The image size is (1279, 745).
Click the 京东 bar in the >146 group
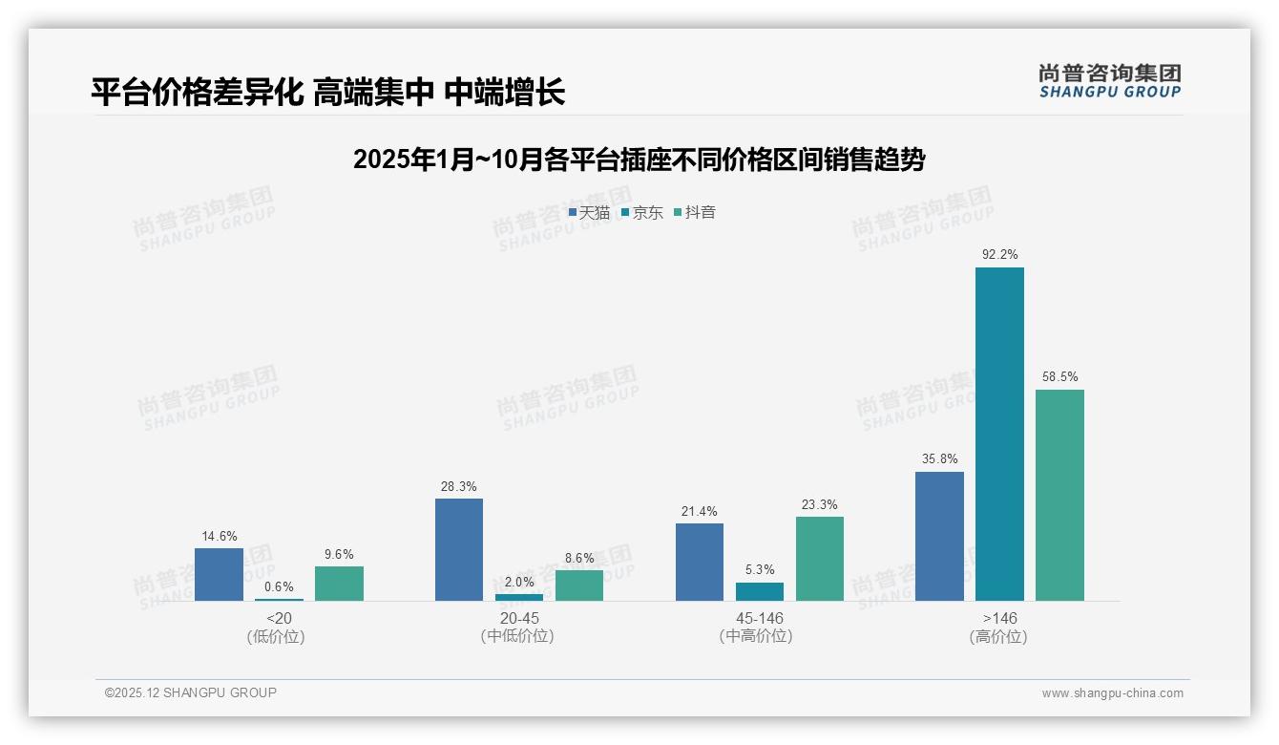tap(999, 435)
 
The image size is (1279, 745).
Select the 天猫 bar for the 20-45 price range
tap(459, 550)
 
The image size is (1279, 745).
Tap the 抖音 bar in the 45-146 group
tap(820, 559)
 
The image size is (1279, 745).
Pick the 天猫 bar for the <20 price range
tap(219, 575)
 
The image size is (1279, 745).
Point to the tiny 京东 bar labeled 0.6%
tap(279, 600)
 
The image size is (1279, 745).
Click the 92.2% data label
tap(999, 255)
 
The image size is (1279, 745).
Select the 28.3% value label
tap(459, 486)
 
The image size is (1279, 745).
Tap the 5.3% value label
tap(759, 570)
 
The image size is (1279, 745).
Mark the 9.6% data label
tap(339, 554)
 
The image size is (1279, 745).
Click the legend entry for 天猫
tap(589, 212)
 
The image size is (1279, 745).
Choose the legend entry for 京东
tap(642, 212)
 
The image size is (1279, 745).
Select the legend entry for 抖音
tap(695, 212)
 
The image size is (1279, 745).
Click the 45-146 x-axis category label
tap(759, 618)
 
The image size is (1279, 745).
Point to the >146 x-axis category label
tap(998, 618)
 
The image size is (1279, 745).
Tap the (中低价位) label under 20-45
tap(517, 636)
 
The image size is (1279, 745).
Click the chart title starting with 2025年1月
tap(639, 160)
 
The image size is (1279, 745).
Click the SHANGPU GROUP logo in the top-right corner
tap(1109, 81)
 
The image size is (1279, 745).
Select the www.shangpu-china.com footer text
tap(1112, 693)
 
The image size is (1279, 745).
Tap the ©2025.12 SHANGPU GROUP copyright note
tap(191, 692)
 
